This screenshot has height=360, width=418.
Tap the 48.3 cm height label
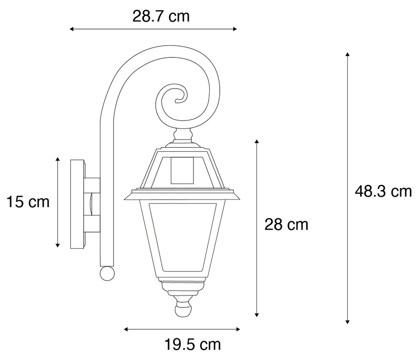point(383,191)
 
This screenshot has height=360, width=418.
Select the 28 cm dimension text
point(286,224)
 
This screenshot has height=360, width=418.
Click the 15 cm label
point(28,202)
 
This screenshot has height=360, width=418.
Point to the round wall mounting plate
point(78,203)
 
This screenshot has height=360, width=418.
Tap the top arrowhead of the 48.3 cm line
point(348,55)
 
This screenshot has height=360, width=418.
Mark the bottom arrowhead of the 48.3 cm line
point(348,322)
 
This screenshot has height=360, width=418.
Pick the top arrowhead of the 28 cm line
point(257,142)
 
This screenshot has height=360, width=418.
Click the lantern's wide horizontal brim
point(182,195)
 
